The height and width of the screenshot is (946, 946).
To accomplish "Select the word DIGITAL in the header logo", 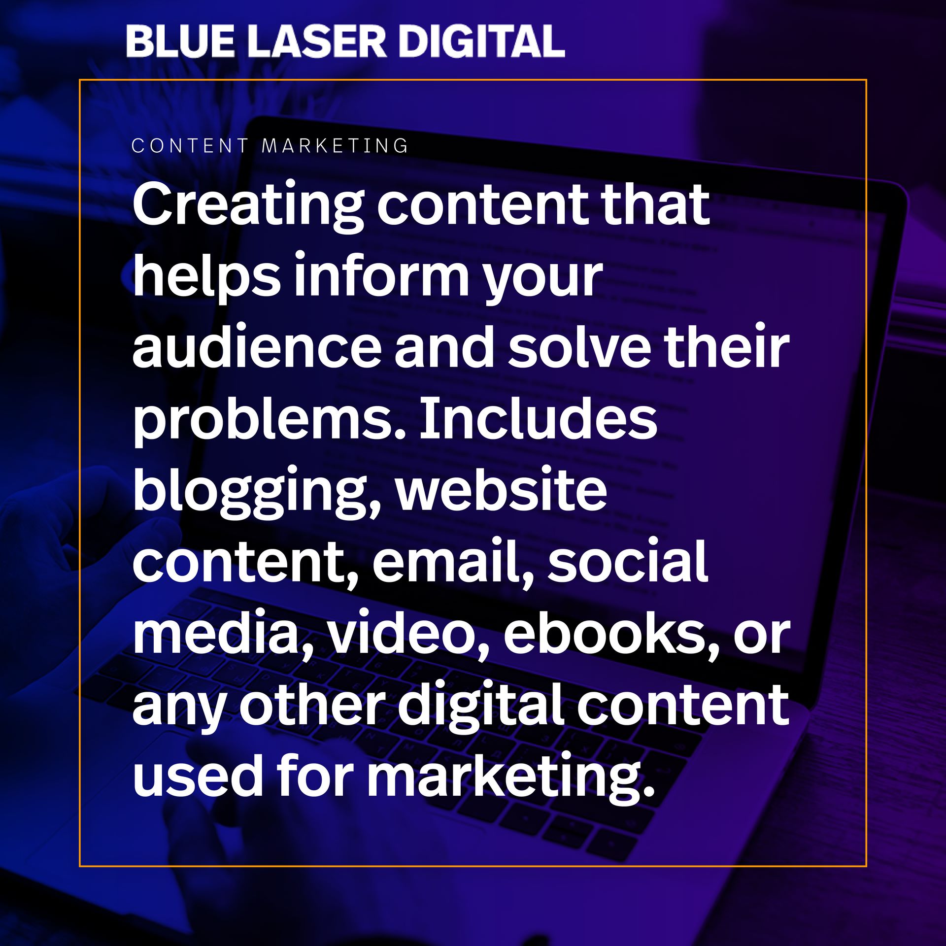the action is [x=481, y=41].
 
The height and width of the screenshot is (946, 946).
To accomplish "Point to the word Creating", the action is [x=248, y=206].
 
